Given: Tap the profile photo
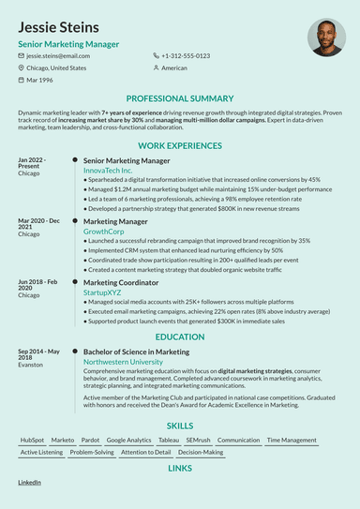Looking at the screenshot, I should coord(325,37).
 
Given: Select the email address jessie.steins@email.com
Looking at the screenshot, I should coord(58,56).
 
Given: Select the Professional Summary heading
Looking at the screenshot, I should coord(180,98).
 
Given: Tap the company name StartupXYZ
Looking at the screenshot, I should coord(104,291).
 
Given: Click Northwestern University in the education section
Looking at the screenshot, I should coord(122,361).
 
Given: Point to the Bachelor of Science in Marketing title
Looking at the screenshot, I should coord(136,352).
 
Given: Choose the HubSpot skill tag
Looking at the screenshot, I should coord(32,440).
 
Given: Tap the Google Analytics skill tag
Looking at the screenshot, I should coord(128,440).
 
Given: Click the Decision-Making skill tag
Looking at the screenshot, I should coord(201,452).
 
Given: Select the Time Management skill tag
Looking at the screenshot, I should coord(292,440).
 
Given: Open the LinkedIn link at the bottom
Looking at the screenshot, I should coord(29,482).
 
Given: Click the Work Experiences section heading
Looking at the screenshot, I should coord(180,146).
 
